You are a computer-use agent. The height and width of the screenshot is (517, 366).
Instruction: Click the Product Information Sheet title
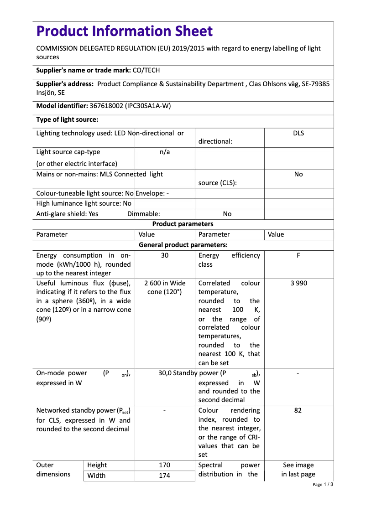124,31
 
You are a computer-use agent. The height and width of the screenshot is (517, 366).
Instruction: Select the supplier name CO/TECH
146,70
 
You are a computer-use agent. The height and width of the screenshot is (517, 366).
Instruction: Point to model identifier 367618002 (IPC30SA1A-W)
130,106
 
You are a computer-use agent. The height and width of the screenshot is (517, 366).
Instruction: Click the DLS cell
298,133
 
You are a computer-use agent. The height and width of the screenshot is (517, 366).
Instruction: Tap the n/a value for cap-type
165,152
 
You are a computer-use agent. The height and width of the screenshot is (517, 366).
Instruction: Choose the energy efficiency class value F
298,256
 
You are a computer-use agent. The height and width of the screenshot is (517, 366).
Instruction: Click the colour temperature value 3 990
298,283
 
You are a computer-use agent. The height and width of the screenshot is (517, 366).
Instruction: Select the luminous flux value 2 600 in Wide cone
165,287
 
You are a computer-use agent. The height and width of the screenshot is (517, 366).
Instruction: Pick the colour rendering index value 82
298,410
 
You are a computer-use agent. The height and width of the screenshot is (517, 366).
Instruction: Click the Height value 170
165,465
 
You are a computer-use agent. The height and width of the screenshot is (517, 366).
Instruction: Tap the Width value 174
165,476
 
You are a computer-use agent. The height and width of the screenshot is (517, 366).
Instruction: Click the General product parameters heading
183,245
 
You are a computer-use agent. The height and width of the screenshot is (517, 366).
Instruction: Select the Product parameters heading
183,224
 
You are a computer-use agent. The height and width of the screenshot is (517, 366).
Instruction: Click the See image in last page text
298,470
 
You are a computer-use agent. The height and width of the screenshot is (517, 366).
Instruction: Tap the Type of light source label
67,120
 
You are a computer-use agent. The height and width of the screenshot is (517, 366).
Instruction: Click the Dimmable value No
227,214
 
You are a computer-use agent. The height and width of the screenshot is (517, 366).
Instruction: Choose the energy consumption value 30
165,256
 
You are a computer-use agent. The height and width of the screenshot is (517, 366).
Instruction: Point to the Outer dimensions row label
53,470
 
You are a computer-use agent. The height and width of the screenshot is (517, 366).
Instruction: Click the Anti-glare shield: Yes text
67,214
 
